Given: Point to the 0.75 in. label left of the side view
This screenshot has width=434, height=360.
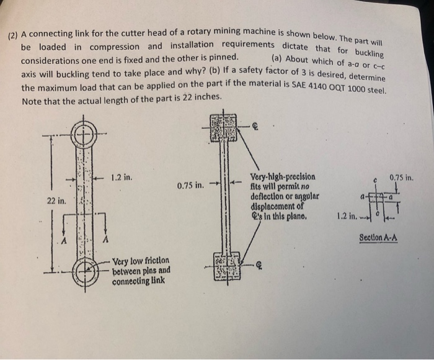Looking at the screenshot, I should [x=190, y=185].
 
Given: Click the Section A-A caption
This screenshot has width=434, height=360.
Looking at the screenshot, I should [x=378, y=238].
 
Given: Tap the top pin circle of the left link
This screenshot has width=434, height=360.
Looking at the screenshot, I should [x=82, y=133].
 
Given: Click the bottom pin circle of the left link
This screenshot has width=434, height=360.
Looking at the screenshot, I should [x=82, y=271].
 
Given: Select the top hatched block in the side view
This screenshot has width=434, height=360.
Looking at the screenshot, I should [x=223, y=126].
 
